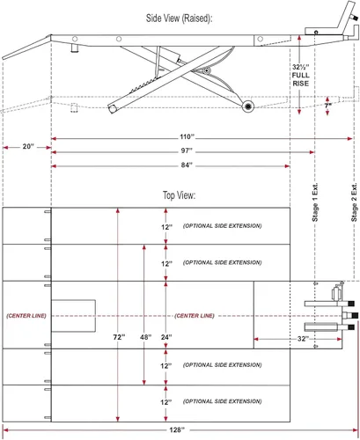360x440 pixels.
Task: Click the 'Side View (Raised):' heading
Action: tap(179, 18)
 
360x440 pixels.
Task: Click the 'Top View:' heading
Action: tap(179, 195)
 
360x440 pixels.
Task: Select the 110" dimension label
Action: tap(187, 137)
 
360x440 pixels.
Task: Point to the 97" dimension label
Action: tap(187, 150)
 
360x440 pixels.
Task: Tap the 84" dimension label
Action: tap(187, 165)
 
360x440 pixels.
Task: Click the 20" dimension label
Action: tap(28, 146)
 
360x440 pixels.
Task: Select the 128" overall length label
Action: tap(177, 429)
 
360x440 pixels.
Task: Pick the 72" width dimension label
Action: tap(119, 337)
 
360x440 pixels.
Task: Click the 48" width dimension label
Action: tap(145, 337)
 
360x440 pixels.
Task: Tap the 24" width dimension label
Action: tap(166, 337)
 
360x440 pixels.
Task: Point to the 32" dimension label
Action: tap(303, 339)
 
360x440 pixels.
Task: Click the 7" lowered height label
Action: tap(327, 106)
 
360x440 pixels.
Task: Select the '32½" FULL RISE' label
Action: tap(300, 76)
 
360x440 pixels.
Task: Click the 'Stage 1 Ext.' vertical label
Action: tap(315, 202)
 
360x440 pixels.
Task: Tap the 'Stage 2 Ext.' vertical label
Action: tap(354, 202)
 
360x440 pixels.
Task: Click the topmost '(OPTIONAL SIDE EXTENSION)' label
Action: tap(222, 226)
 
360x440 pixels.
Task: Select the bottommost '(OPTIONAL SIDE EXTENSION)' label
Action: tap(222, 401)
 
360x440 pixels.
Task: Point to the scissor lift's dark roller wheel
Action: tap(248, 106)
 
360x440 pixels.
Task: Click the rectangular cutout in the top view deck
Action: tap(74, 316)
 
